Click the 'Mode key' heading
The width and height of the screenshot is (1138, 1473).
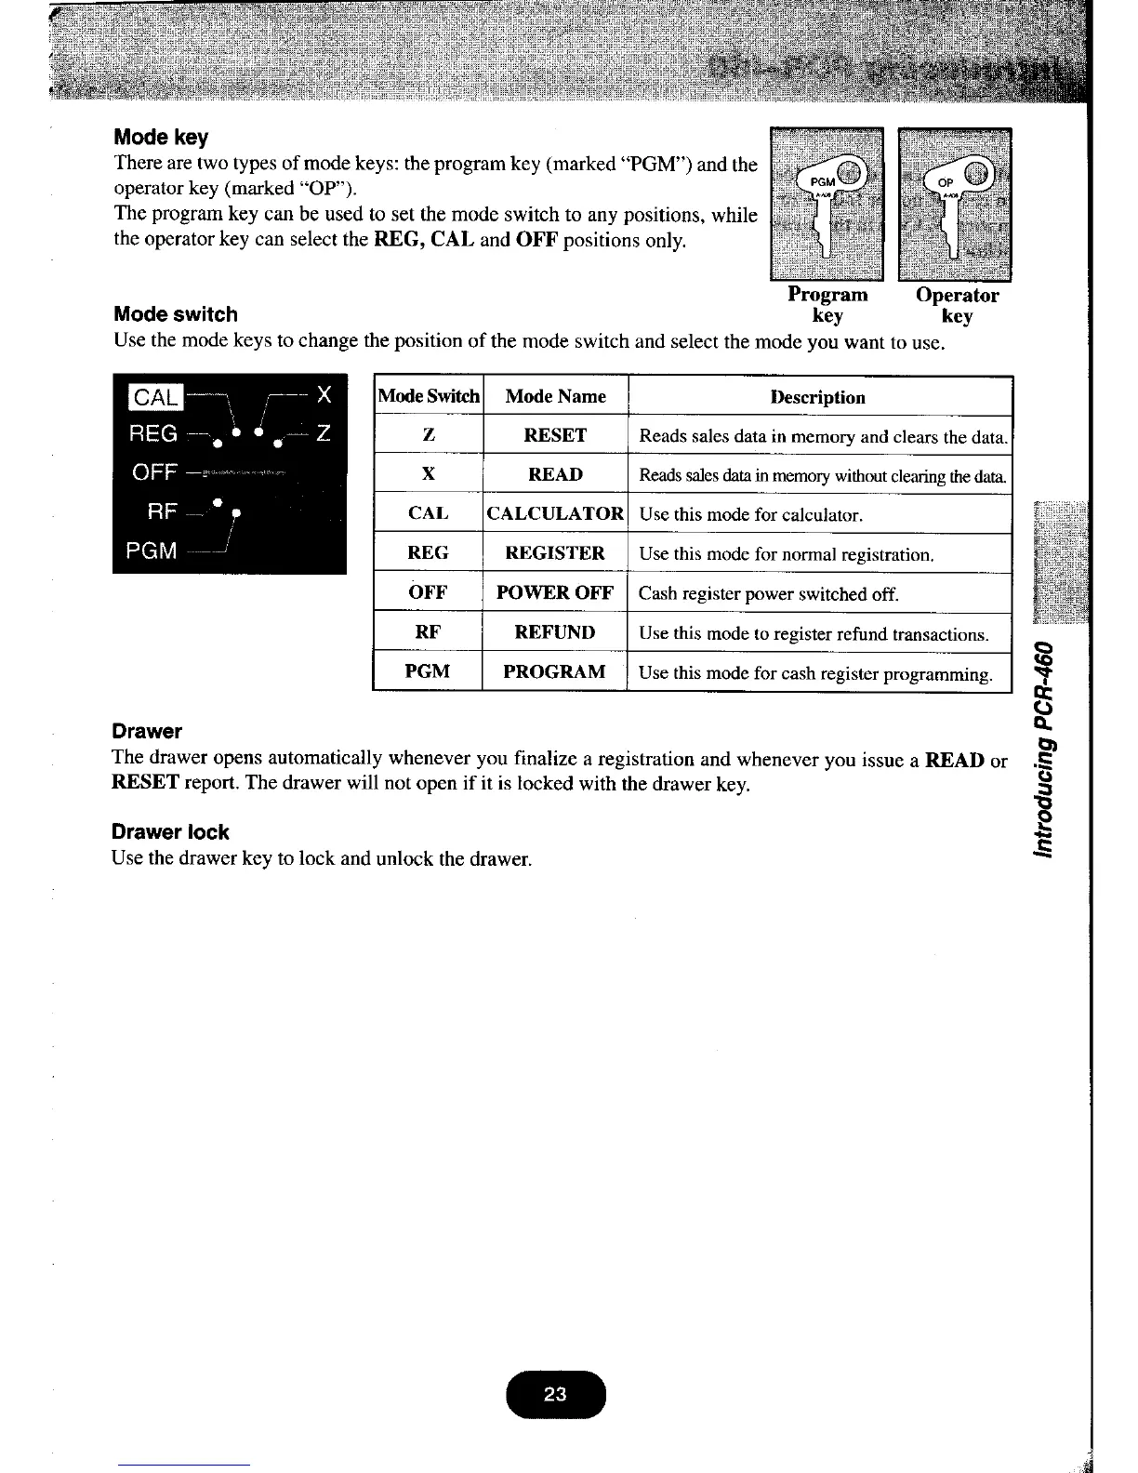pyautogui.click(x=161, y=138)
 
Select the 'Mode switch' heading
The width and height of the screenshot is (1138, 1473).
pyautogui.click(x=175, y=314)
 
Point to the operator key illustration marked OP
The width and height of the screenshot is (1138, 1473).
pyautogui.click(x=955, y=204)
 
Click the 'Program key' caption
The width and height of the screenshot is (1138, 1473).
pyautogui.click(x=827, y=305)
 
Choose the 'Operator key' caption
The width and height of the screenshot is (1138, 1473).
pyautogui.click(x=957, y=305)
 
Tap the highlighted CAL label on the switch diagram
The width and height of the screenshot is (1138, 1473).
pyautogui.click(x=155, y=397)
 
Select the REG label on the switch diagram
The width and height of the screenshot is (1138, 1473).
pyautogui.click(x=154, y=434)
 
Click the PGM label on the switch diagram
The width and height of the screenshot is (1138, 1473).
pyautogui.click(x=152, y=551)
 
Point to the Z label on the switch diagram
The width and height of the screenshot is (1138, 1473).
pyautogui.click(x=323, y=434)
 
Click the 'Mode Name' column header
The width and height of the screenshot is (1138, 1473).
pyautogui.click(x=555, y=396)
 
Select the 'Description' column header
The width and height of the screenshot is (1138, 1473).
pyautogui.click(x=818, y=397)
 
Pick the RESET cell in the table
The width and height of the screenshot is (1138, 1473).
pyautogui.click(x=555, y=435)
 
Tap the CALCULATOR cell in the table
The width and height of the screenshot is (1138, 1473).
pyautogui.click(x=555, y=513)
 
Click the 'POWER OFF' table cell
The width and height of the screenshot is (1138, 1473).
pyautogui.click(x=555, y=592)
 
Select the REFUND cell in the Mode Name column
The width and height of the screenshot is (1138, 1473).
pyautogui.click(x=555, y=632)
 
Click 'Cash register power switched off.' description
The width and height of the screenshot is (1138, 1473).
pyautogui.click(x=768, y=594)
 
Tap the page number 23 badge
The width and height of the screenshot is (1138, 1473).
pyautogui.click(x=555, y=1394)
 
